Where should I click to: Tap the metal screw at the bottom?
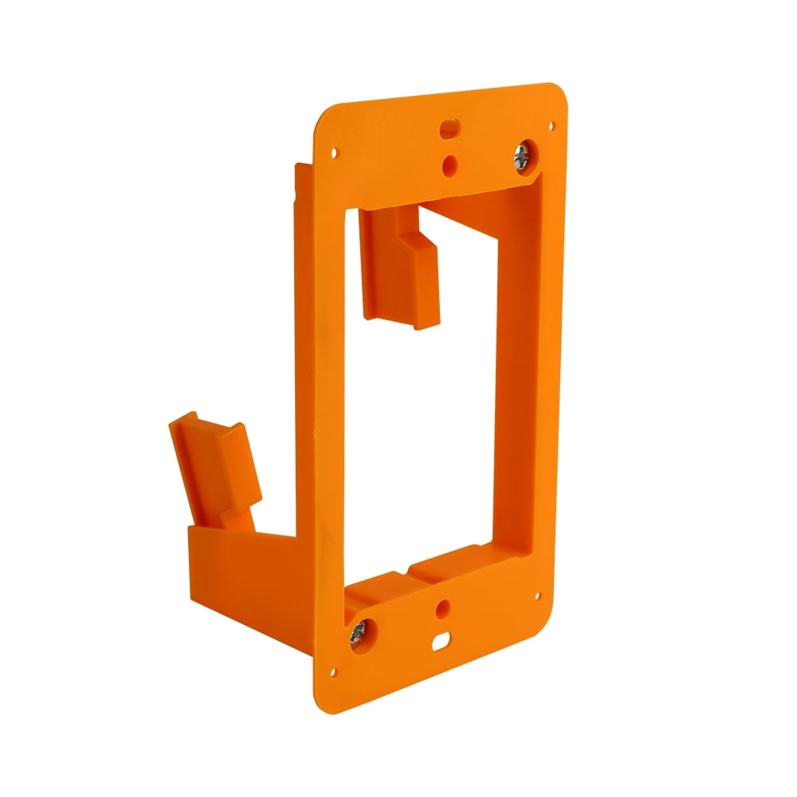(357, 633)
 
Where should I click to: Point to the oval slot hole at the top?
(449, 127)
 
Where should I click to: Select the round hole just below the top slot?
(450, 164)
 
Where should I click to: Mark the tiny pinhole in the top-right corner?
(551, 125)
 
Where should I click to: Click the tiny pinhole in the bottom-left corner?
(334, 672)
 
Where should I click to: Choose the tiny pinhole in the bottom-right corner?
(539, 594)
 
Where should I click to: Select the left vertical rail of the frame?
(327, 398)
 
